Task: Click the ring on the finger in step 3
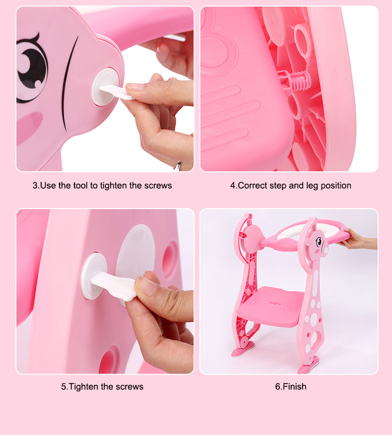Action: pos(179,166)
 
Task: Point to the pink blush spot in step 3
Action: pos(28,126)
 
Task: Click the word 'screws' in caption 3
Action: pos(158,186)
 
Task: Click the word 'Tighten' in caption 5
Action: pos(83,386)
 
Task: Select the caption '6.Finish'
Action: pos(290,386)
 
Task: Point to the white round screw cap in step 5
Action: pos(94,276)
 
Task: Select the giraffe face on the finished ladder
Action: pos(319,244)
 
